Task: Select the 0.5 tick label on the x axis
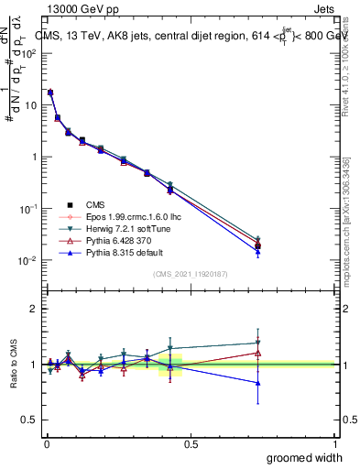point(191,442)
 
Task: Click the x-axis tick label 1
point(335,442)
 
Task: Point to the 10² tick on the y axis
point(29,53)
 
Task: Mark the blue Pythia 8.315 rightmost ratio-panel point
point(258,383)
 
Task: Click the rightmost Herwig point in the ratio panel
point(258,343)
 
